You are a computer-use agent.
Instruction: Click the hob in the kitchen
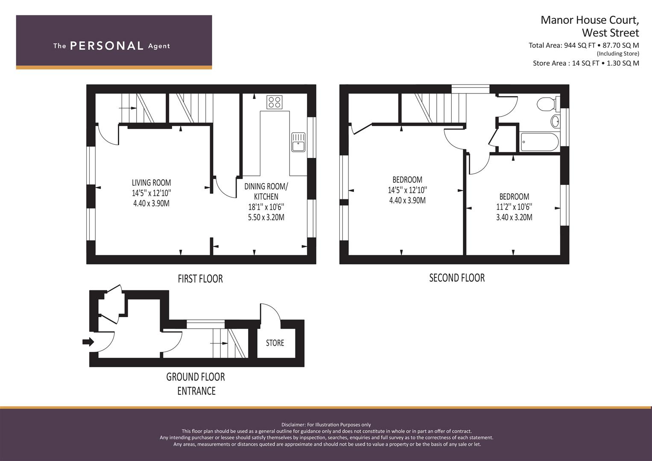click(274, 102)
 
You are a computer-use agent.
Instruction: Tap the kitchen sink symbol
click(298, 142)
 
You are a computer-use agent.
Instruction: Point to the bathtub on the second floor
click(540, 142)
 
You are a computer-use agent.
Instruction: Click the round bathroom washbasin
click(555, 121)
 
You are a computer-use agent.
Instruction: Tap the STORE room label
click(275, 343)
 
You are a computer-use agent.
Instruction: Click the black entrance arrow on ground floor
click(88, 341)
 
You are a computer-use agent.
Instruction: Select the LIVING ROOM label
click(151, 183)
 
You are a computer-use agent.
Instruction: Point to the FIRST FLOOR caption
click(200, 278)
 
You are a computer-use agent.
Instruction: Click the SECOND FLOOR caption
click(457, 277)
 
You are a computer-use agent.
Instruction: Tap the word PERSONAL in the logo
click(107, 46)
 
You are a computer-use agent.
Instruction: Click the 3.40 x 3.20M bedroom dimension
click(514, 217)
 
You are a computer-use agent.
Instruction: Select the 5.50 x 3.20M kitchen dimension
click(266, 217)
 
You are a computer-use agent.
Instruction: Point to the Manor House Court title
click(590, 20)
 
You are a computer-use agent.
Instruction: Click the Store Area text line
click(586, 63)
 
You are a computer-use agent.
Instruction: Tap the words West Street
click(611, 32)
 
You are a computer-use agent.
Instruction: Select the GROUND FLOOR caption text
click(196, 377)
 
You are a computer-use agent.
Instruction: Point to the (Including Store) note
click(618, 53)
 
